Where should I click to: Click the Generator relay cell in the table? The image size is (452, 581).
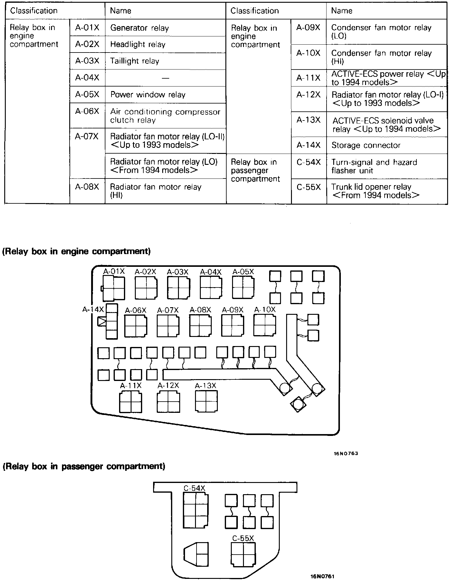(x=165, y=28)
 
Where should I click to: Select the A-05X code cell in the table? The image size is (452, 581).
(x=87, y=95)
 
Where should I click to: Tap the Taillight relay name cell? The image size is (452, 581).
(x=165, y=61)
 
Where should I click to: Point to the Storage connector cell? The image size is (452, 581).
(x=386, y=145)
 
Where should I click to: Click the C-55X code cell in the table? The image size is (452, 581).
(x=309, y=187)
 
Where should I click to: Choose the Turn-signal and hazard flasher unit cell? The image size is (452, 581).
(x=386, y=166)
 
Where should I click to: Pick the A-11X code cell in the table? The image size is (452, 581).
(x=309, y=78)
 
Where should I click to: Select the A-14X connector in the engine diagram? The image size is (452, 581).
(x=111, y=321)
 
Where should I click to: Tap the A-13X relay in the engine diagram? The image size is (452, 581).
(x=206, y=401)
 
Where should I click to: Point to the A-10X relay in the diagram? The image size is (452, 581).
(x=265, y=325)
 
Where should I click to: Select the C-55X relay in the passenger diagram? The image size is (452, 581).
(x=243, y=554)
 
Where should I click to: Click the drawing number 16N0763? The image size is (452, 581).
(x=345, y=454)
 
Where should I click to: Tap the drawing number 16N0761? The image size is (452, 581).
(x=322, y=576)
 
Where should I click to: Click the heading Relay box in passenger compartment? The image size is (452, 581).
(x=84, y=466)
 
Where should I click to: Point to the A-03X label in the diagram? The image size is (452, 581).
(x=178, y=272)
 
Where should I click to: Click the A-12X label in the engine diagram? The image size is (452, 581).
(x=168, y=386)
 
